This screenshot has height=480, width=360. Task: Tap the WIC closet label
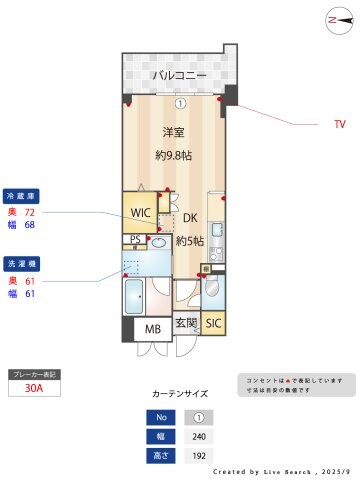[140, 212]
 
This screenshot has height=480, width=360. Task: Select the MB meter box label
[153, 329]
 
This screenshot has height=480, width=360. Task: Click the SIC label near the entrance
[212, 324]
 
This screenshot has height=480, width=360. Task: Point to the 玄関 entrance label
[185, 324]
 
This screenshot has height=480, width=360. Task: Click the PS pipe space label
[135, 240]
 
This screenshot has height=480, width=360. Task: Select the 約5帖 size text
[190, 241]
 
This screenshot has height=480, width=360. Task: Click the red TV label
[339, 125]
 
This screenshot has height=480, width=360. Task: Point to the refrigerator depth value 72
[29, 212]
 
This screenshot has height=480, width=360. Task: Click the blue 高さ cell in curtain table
[159, 456]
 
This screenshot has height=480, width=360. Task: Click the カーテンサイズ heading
[181, 395]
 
